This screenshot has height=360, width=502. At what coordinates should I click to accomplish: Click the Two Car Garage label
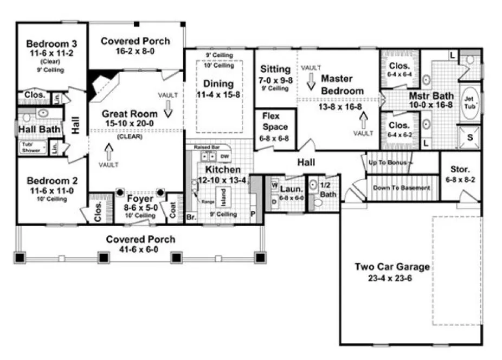(x=392, y=267)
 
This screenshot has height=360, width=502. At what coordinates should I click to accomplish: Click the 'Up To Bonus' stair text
(x=390, y=162)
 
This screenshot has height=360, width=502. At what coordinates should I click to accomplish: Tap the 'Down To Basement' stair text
(x=401, y=188)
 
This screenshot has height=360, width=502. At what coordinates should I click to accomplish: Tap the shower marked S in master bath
(x=469, y=138)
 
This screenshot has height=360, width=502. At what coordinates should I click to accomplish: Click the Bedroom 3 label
(x=52, y=44)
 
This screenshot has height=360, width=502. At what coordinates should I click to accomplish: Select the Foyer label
(x=140, y=198)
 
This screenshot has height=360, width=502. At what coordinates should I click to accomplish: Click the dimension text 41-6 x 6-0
(x=140, y=249)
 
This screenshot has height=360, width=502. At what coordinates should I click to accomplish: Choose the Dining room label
(x=219, y=84)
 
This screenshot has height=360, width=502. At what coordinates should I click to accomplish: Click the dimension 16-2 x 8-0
(x=135, y=52)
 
